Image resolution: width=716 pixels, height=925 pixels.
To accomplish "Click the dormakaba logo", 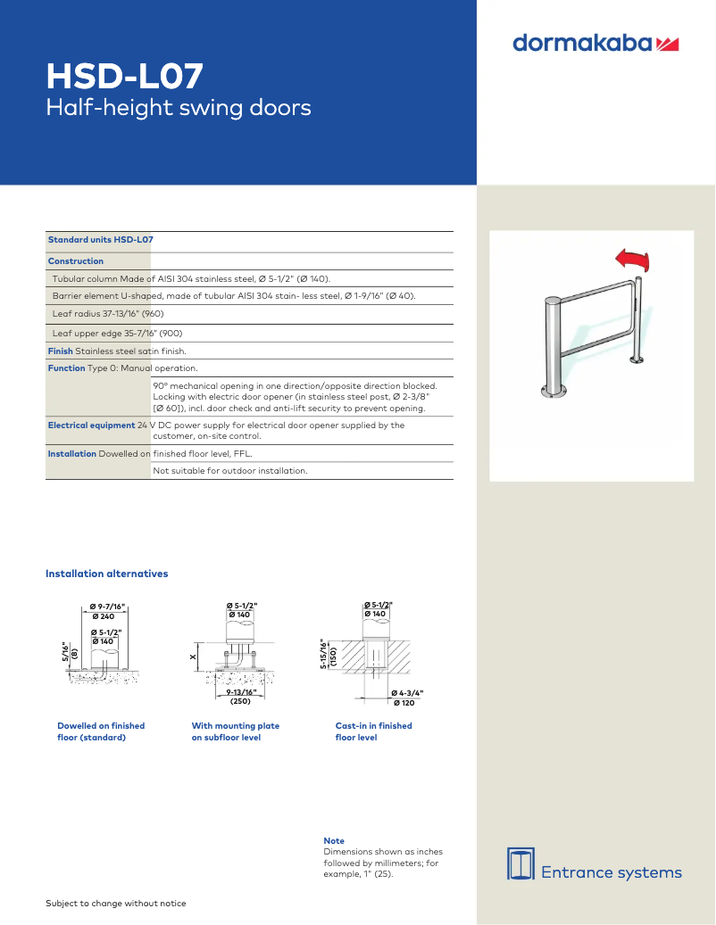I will pos(595,43).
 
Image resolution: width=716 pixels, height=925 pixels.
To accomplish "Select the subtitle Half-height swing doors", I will pos(179,108).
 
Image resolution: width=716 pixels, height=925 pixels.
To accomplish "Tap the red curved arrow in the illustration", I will pos(633,260).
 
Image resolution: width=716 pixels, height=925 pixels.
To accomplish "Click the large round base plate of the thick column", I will pos(554,390).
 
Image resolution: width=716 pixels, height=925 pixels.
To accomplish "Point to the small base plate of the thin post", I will pos(637,360).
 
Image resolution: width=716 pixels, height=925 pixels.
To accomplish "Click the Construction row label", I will pos(76,261).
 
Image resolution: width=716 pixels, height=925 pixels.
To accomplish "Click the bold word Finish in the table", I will pos(60,351).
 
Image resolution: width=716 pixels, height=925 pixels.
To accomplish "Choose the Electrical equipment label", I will pos(91,425).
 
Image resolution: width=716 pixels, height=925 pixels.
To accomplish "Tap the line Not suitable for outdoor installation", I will pos(230,470).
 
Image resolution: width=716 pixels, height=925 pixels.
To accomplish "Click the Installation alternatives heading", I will pos(106,574).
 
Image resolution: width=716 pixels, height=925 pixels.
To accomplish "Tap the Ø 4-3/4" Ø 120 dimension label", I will pos(407,698).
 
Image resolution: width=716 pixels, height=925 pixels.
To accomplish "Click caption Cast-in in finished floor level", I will pos(373,731).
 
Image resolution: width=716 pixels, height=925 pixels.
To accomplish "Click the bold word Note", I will pos(333,841).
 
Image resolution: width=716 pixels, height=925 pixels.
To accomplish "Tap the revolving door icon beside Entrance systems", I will pos(520,863).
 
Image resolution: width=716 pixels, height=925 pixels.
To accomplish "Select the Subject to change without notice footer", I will pos(116,904).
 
